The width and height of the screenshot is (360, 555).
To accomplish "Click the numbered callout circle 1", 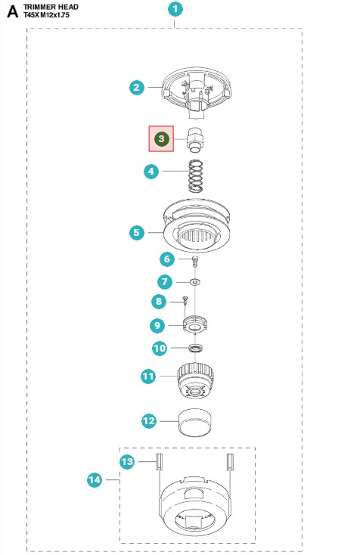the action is point(175,10).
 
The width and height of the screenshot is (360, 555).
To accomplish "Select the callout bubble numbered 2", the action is point(137,88).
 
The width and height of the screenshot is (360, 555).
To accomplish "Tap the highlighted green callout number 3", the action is point(161,138).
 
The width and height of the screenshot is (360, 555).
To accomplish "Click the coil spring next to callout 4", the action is point(196,176).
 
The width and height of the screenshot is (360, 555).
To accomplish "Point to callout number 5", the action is point(137,233).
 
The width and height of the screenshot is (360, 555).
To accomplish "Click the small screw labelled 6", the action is point(194,261).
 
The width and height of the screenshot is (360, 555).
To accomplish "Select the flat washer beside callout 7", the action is point(194,282).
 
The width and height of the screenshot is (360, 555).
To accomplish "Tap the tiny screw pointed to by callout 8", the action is point(185,300).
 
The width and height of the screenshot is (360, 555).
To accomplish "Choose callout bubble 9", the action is point(157,325).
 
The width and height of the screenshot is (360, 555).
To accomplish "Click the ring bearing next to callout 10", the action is point(195,349).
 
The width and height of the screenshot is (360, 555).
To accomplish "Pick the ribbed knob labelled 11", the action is point(195,380).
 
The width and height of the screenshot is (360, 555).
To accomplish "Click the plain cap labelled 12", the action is point(194,422).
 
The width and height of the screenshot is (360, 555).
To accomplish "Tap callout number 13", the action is point(127,461).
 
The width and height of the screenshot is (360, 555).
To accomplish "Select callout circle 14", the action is point(95,479).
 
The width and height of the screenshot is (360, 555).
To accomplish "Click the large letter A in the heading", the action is point(12,11).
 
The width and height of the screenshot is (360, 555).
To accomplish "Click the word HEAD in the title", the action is point(67,7).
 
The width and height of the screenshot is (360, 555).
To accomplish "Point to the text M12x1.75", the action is point(55,15).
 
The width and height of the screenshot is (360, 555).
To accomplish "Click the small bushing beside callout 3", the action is point(196,140).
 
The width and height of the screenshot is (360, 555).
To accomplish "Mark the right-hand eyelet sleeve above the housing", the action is point(230,462).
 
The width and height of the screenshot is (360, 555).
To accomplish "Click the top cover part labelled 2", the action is point(197,93).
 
